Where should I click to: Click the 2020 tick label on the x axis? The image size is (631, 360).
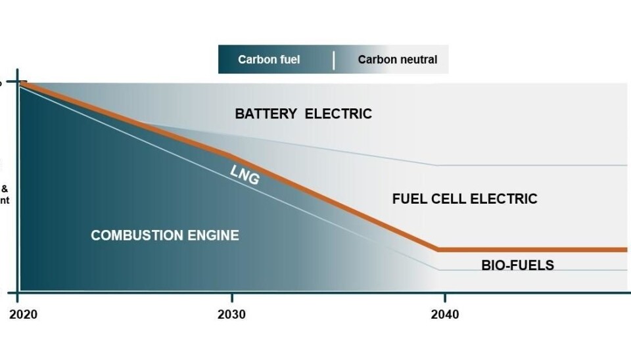(x=23, y=315)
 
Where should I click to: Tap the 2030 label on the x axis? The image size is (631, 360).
(x=231, y=315)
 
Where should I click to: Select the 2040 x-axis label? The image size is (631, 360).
(x=445, y=315)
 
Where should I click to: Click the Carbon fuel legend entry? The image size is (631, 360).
(x=269, y=60)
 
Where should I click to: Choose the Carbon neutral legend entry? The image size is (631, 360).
(x=397, y=60)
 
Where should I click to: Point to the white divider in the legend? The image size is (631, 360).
(x=334, y=60)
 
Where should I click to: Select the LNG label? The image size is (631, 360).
(x=245, y=174)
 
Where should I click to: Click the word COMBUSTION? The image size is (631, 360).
(x=132, y=235)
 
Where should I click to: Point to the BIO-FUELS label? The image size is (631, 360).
(x=517, y=266)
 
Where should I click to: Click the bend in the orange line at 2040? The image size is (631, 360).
(x=438, y=250)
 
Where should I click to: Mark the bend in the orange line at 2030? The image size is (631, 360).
(x=230, y=155)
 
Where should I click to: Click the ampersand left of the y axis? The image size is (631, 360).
(x=4, y=187)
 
